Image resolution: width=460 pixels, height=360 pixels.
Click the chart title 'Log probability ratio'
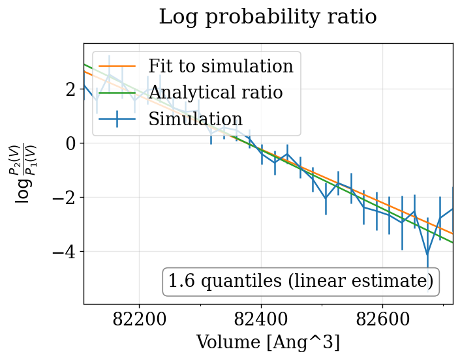(x=268, y=17)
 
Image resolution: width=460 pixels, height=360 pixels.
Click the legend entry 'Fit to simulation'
(x=221, y=67)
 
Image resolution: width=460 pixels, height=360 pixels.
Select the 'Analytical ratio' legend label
(x=215, y=93)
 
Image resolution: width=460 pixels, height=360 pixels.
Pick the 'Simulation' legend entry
(x=195, y=119)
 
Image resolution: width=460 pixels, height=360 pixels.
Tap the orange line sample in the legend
(x=117, y=67)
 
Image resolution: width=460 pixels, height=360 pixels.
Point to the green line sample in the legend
(x=117, y=93)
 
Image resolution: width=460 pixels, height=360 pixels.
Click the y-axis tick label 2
(x=70, y=89)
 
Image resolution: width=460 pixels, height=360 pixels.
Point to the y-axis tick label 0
(x=70, y=143)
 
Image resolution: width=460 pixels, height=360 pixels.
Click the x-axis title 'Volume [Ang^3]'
(x=268, y=342)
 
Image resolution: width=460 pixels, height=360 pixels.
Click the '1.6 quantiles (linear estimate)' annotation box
(x=300, y=281)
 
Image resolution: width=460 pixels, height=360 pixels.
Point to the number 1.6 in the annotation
(x=181, y=281)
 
